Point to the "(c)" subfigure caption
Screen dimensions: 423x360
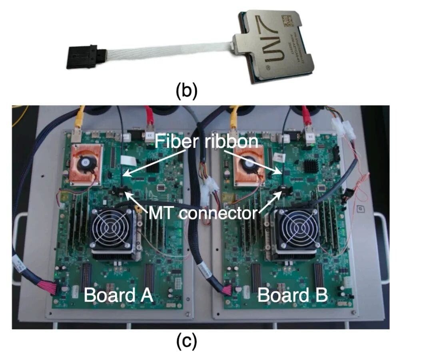click(x=187, y=342)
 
